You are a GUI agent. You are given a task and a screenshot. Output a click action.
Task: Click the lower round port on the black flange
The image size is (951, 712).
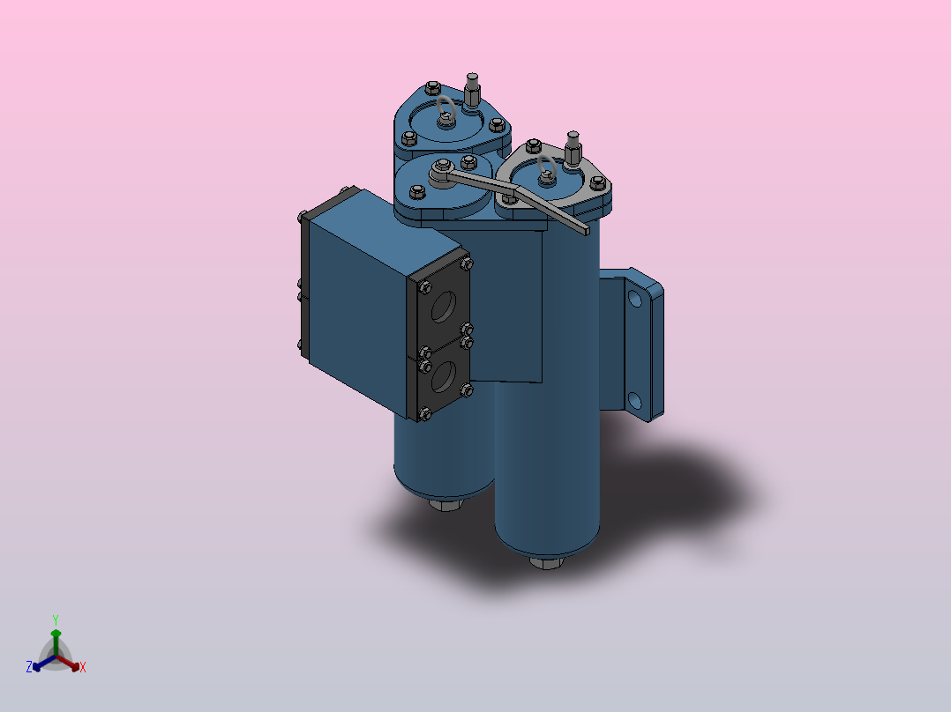[x=445, y=379]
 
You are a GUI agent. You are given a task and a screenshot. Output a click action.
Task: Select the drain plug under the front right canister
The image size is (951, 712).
[x=544, y=561]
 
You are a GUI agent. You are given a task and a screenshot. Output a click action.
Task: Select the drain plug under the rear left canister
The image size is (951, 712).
[x=446, y=505]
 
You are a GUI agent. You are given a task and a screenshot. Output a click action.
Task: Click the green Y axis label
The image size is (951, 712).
[x=55, y=619]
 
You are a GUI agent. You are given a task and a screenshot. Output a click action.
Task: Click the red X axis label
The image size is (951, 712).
[x=83, y=667]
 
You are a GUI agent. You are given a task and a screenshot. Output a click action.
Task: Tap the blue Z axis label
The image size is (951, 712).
[x=29, y=667]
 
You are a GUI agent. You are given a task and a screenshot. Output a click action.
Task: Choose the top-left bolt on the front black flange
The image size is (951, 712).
[x=426, y=287]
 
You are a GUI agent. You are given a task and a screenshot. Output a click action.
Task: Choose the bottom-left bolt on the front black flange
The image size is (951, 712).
[x=426, y=412]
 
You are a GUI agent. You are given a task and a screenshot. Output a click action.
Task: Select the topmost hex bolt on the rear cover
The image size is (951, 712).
[x=432, y=87]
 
